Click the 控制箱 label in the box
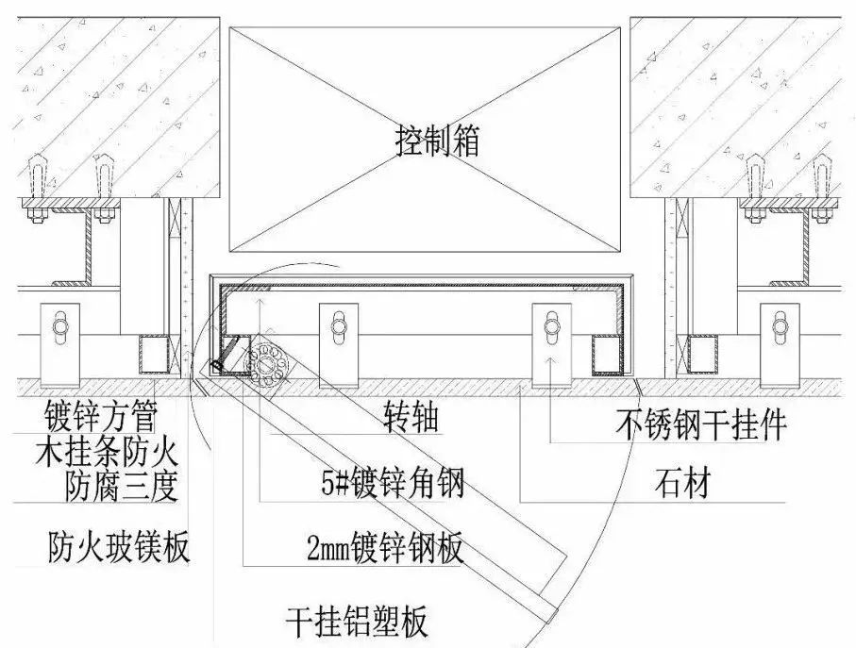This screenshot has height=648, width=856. (x=437, y=142)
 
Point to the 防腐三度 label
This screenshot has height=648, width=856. (x=122, y=487)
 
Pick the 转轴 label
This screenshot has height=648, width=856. (x=412, y=418)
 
